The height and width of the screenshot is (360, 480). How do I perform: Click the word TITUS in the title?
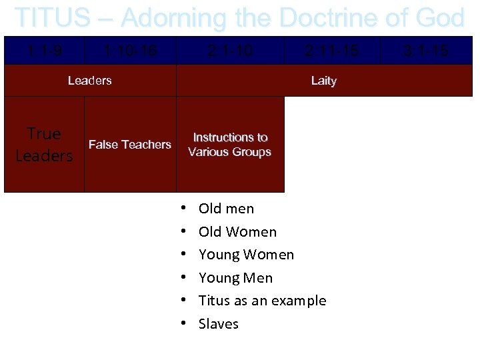point(52,18)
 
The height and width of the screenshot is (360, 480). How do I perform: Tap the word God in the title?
point(440,18)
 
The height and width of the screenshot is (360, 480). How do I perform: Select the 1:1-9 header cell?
point(44,50)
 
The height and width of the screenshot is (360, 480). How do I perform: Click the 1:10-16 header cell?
point(130,50)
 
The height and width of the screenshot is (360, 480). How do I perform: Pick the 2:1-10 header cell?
point(230,50)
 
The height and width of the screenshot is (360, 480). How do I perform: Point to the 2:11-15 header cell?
point(332,50)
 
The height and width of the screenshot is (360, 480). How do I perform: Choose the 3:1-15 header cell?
point(427,50)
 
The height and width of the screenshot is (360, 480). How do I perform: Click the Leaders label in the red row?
point(90,81)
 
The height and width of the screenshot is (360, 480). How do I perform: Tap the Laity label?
point(324,81)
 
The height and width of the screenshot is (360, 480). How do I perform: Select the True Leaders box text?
point(44,145)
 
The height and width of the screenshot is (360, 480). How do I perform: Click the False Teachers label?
point(130,145)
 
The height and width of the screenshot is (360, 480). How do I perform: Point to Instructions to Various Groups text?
point(230,145)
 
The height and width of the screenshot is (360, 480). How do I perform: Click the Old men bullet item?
point(226,209)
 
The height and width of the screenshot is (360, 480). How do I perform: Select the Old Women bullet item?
point(237,232)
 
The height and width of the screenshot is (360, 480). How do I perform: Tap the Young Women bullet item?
point(246,255)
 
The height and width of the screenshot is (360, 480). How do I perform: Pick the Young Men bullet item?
point(235,278)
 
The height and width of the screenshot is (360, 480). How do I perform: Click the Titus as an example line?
point(262,301)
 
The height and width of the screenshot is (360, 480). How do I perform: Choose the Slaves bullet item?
point(218,324)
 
